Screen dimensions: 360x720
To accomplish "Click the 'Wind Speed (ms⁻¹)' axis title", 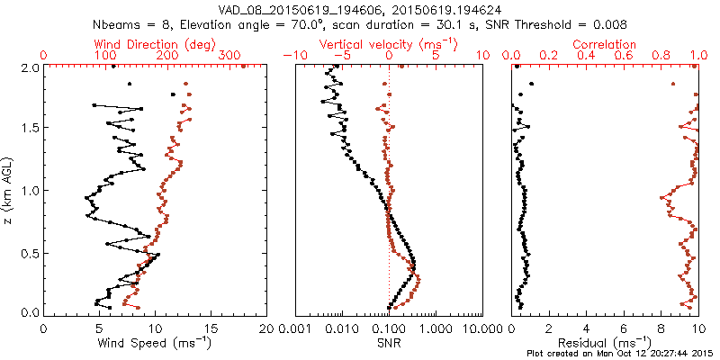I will point(156,343).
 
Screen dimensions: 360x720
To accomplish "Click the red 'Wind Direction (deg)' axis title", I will point(155,44).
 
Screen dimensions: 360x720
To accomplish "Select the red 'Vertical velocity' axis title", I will point(389,44).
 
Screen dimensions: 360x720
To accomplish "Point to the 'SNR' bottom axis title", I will point(389,343).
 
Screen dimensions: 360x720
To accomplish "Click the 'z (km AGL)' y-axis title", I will point(10,190).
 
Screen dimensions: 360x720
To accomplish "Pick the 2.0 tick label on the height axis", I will point(30,67).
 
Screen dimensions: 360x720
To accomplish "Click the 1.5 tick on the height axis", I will point(30,129).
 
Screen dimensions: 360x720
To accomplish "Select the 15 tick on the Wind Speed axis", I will point(211,329).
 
